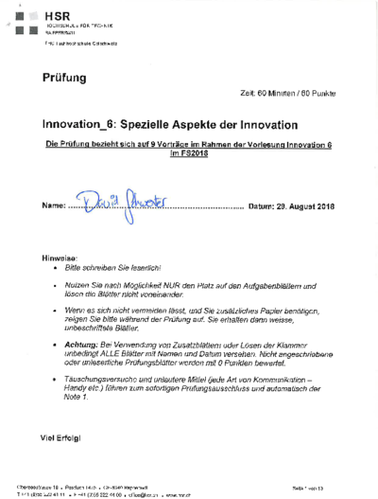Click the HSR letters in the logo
coord(58,17)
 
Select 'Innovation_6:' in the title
coord(82,125)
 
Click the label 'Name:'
coord(54,205)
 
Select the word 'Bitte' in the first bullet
coord(74,269)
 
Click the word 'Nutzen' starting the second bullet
coord(77,284)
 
